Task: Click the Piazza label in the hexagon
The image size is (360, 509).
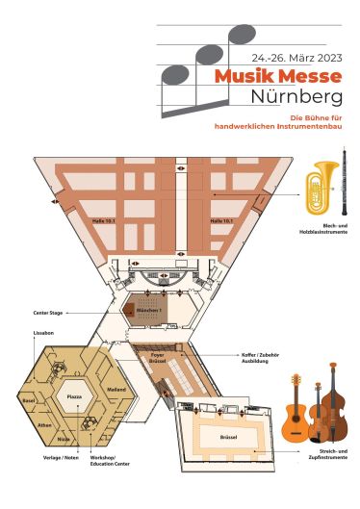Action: pyautogui.click(x=72, y=396)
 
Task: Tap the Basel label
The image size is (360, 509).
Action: pyautogui.click(x=28, y=399)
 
